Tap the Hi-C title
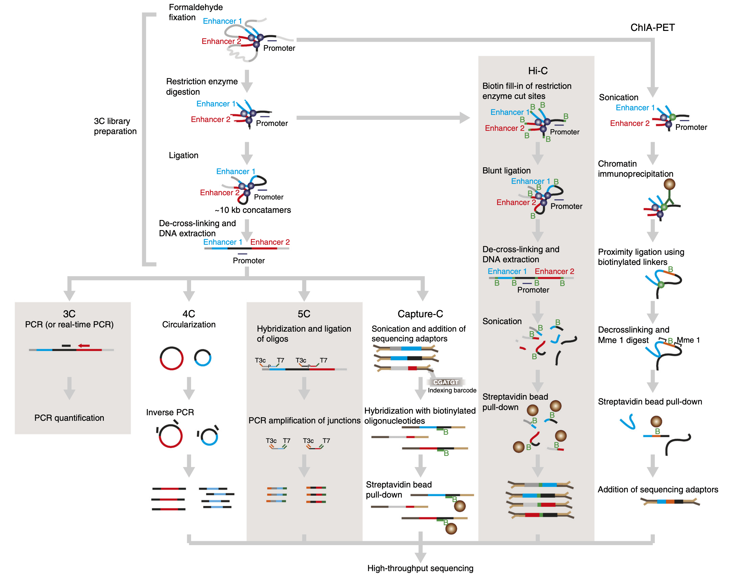pos(537,71)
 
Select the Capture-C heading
pos(420,314)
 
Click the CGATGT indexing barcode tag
pos(446,382)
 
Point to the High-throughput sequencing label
pos(420,568)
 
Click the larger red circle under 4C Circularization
pos(172,358)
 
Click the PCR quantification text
pos(69,418)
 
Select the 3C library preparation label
pos(115,126)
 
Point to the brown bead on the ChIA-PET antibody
pos(669,184)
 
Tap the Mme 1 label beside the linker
pos(688,340)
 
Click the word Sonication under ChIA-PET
pos(618,97)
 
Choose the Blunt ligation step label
pos(506,171)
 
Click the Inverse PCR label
pos(170,412)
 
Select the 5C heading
pos(304,314)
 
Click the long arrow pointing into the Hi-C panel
pos(381,118)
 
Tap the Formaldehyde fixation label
pos(196,12)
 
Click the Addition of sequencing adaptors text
pos(657,489)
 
